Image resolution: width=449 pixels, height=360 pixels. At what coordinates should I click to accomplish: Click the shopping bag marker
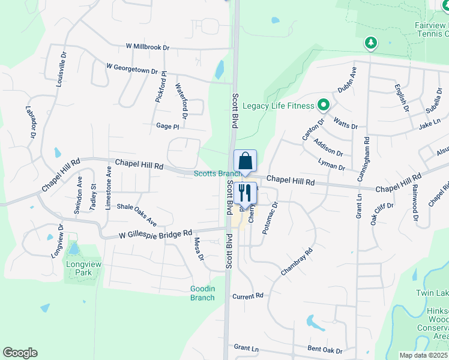245,161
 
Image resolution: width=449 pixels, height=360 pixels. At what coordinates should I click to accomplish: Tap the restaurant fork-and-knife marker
245,193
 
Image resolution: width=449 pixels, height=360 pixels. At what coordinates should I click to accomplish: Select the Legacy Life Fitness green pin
323,106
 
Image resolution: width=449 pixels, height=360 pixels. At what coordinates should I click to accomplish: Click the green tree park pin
371,43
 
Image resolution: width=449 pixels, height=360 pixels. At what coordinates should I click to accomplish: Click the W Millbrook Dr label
148,46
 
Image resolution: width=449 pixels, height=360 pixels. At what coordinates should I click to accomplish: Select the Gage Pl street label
167,127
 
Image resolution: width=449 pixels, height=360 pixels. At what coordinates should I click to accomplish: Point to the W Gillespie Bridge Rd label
155,233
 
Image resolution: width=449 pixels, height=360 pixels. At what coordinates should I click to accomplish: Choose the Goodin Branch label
202,293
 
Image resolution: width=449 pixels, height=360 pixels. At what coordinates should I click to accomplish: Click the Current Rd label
249,296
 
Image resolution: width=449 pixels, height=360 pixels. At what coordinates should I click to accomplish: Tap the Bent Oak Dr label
325,350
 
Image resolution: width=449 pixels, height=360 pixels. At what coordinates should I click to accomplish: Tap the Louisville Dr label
61,70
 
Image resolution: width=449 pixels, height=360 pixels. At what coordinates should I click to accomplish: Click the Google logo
20,353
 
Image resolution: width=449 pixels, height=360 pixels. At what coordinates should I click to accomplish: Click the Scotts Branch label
217,174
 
